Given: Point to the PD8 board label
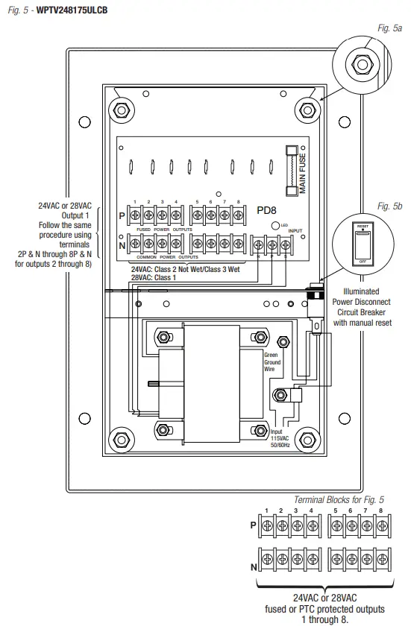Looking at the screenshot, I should (267, 211).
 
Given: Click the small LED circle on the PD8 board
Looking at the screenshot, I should (275, 225).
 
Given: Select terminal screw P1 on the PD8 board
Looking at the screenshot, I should (136, 215).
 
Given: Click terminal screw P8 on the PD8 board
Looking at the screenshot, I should (238, 215).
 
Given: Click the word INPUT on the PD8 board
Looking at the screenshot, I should (296, 231).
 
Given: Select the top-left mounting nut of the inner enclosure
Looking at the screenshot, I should (119, 110).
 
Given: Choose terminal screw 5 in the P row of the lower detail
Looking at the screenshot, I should (336, 526).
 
